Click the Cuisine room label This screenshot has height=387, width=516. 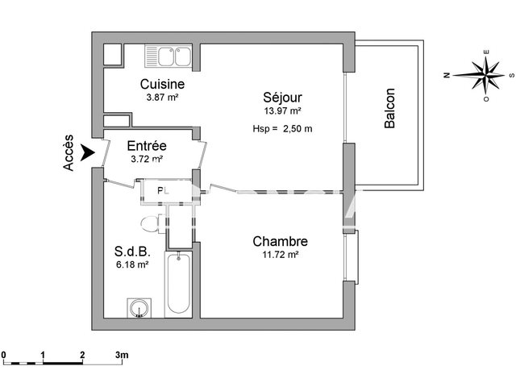[163, 84]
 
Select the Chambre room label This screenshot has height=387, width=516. [280, 241]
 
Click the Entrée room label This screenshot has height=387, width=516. [148, 146]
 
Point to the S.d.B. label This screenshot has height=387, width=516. [131, 250]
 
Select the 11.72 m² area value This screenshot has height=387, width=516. [279, 256]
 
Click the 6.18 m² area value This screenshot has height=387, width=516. [132, 264]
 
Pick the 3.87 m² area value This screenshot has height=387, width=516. [161, 98]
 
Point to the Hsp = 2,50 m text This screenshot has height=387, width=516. [282, 129]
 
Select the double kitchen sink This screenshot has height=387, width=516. [168, 56]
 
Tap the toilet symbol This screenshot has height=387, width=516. [150, 223]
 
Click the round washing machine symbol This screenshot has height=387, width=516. [139, 307]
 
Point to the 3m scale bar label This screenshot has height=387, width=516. [123, 355]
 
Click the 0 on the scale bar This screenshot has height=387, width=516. [4, 355]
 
